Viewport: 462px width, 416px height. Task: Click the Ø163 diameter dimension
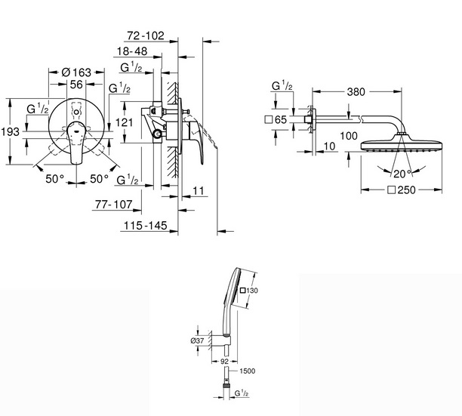(76, 72)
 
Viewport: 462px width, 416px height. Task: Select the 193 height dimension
(11, 131)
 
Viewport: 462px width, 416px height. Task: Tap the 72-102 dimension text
(146, 35)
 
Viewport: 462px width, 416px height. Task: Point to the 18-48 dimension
(132, 51)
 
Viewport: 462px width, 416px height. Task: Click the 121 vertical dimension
(124, 122)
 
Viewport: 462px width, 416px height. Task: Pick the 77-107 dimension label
(114, 204)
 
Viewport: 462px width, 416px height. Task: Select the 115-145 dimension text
(146, 226)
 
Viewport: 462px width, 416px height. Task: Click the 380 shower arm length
(356, 92)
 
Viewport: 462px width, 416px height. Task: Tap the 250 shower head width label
(402, 190)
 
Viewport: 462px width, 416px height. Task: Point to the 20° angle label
(402, 174)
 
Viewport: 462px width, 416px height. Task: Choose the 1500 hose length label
(247, 371)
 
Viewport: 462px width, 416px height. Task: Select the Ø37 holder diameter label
(197, 341)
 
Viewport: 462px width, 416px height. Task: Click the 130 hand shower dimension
(249, 291)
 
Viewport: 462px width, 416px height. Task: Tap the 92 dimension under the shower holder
(224, 361)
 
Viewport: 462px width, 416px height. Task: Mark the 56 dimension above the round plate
(76, 85)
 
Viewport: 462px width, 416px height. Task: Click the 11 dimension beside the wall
(199, 191)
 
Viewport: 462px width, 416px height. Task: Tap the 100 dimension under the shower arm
(349, 136)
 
